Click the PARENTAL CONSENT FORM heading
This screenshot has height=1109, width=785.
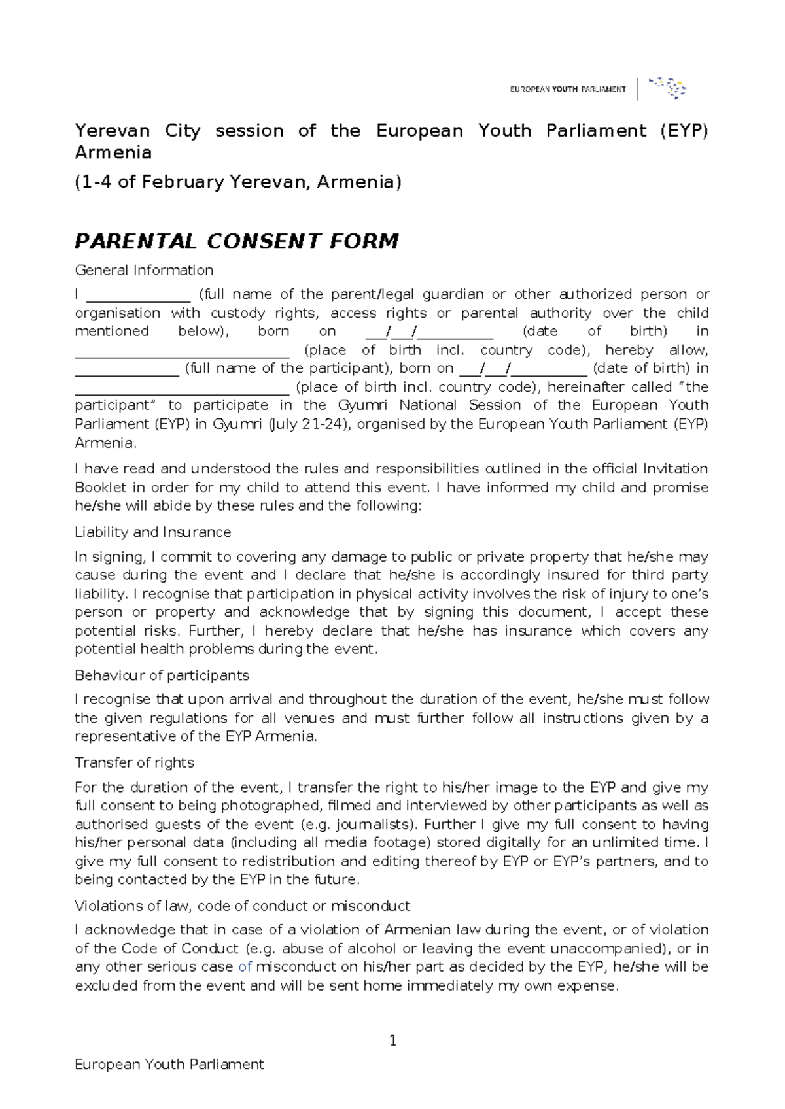click(236, 241)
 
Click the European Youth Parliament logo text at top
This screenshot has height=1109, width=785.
click(567, 89)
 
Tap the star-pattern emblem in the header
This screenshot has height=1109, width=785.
click(667, 87)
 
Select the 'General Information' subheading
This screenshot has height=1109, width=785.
click(144, 270)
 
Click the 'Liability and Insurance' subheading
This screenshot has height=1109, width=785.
click(152, 532)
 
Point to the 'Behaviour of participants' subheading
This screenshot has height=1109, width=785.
click(162, 675)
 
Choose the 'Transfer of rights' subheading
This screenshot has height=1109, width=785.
click(134, 762)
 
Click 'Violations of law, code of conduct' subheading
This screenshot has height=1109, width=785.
click(242, 906)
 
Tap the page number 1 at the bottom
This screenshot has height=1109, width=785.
click(392, 1040)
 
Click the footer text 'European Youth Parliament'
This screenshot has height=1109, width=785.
click(169, 1065)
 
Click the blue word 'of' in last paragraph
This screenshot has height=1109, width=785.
click(245, 967)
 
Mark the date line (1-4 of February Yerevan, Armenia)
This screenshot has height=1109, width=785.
click(237, 182)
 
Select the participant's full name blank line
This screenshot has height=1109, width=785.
click(127, 369)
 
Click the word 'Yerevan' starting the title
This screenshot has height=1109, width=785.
click(112, 131)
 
